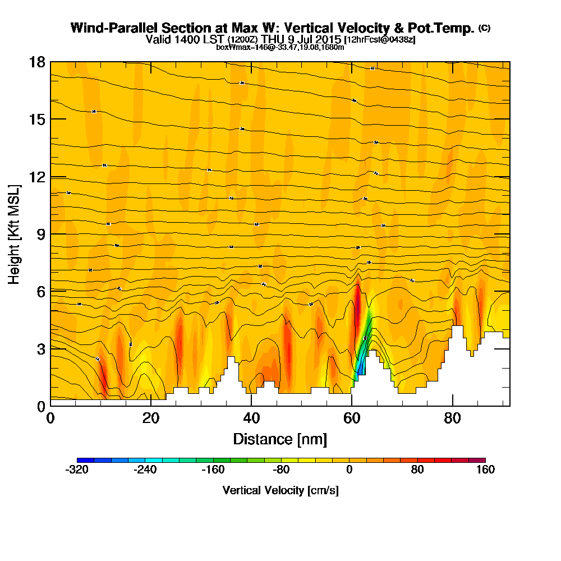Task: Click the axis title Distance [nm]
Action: coord(280,439)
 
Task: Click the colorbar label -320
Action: coord(77,470)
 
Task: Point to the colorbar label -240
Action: coord(145,470)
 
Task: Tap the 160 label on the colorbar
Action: coord(485,470)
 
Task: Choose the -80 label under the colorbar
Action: coord(281,470)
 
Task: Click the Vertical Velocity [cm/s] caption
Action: coord(280,490)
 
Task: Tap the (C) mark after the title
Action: coord(484,27)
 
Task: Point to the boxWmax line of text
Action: coord(280,47)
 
